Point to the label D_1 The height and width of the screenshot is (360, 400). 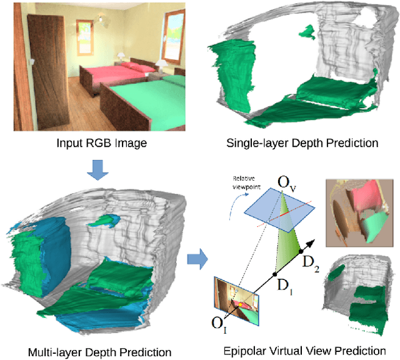284,286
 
